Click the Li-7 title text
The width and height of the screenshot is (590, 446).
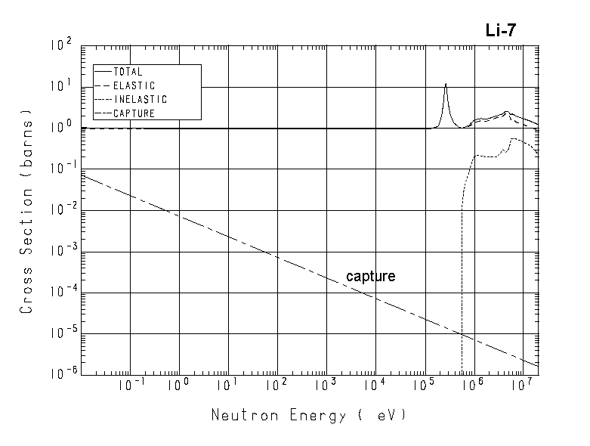tap(500, 30)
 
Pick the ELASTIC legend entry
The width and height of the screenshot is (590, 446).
tap(134, 86)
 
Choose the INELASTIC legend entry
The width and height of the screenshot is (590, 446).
tap(140, 100)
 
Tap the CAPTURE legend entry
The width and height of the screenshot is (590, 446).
tap(134, 113)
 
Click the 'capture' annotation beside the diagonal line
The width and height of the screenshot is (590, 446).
tap(370, 277)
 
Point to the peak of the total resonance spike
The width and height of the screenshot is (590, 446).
tap(446, 84)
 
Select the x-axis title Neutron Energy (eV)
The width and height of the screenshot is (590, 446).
tap(308, 415)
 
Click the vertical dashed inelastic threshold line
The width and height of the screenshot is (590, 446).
tap(462, 302)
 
